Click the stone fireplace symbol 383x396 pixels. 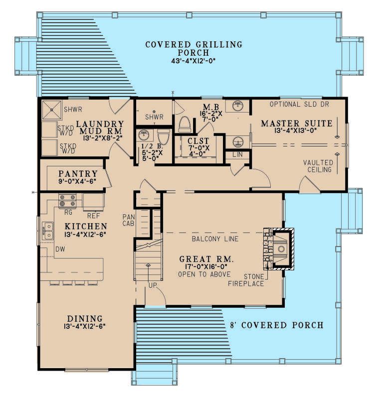[279, 249]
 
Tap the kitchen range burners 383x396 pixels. [67, 201]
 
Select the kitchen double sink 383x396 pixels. [47, 231]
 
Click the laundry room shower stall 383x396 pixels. [51, 110]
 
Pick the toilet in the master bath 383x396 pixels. [185, 124]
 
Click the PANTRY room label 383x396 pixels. [78, 174]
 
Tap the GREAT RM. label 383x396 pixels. [206, 259]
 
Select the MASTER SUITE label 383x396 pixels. [297, 124]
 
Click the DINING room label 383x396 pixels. [85, 319]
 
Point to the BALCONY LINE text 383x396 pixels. [215, 239]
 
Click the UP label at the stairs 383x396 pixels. [153, 285]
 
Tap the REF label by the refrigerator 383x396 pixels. [94, 216]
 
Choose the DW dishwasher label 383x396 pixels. [60, 249]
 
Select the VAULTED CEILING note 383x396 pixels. [319, 166]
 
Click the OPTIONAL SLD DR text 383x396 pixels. [299, 104]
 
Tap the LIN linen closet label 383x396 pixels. [237, 154]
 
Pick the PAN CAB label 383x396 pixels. [129, 220]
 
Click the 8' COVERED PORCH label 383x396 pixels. [277, 325]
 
